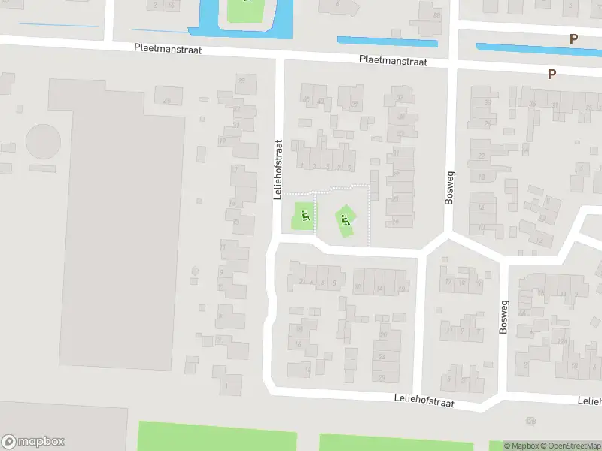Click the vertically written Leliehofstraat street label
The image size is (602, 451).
(278, 169)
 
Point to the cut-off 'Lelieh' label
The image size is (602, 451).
(589, 401)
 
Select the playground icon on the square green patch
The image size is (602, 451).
(304, 217)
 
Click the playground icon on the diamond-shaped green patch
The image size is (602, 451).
(345, 220)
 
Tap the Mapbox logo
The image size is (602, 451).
(33, 442)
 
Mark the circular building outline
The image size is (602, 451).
(43, 141)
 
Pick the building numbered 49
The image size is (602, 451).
(167, 100)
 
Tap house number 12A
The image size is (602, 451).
(561, 341)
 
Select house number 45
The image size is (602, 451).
(305, 98)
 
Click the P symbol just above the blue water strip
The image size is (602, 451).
(574, 38)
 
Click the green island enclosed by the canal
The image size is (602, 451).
(241, 10)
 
